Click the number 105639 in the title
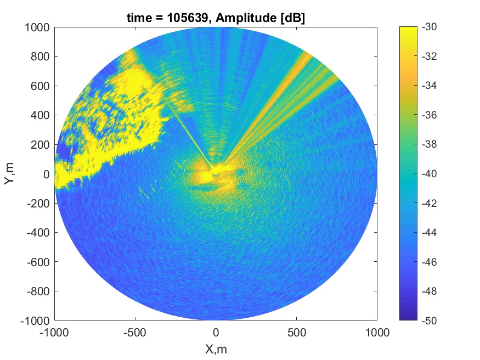point(188,18)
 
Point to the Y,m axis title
point(9,173)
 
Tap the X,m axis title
point(216,348)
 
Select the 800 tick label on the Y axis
point(40,57)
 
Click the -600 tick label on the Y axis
point(38,262)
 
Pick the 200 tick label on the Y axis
point(40,144)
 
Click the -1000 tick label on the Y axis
point(35,321)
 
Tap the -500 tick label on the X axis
point(135,333)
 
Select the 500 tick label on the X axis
point(297,333)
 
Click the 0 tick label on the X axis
point(216,333)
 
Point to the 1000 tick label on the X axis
point(377,333)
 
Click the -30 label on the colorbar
point(429,27)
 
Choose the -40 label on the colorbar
point(429,174)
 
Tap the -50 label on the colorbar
point(429,320)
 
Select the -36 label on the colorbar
point(429,115)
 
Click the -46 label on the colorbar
point(429,262)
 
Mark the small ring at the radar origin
point(216,174)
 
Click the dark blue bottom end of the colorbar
point(408,318)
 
